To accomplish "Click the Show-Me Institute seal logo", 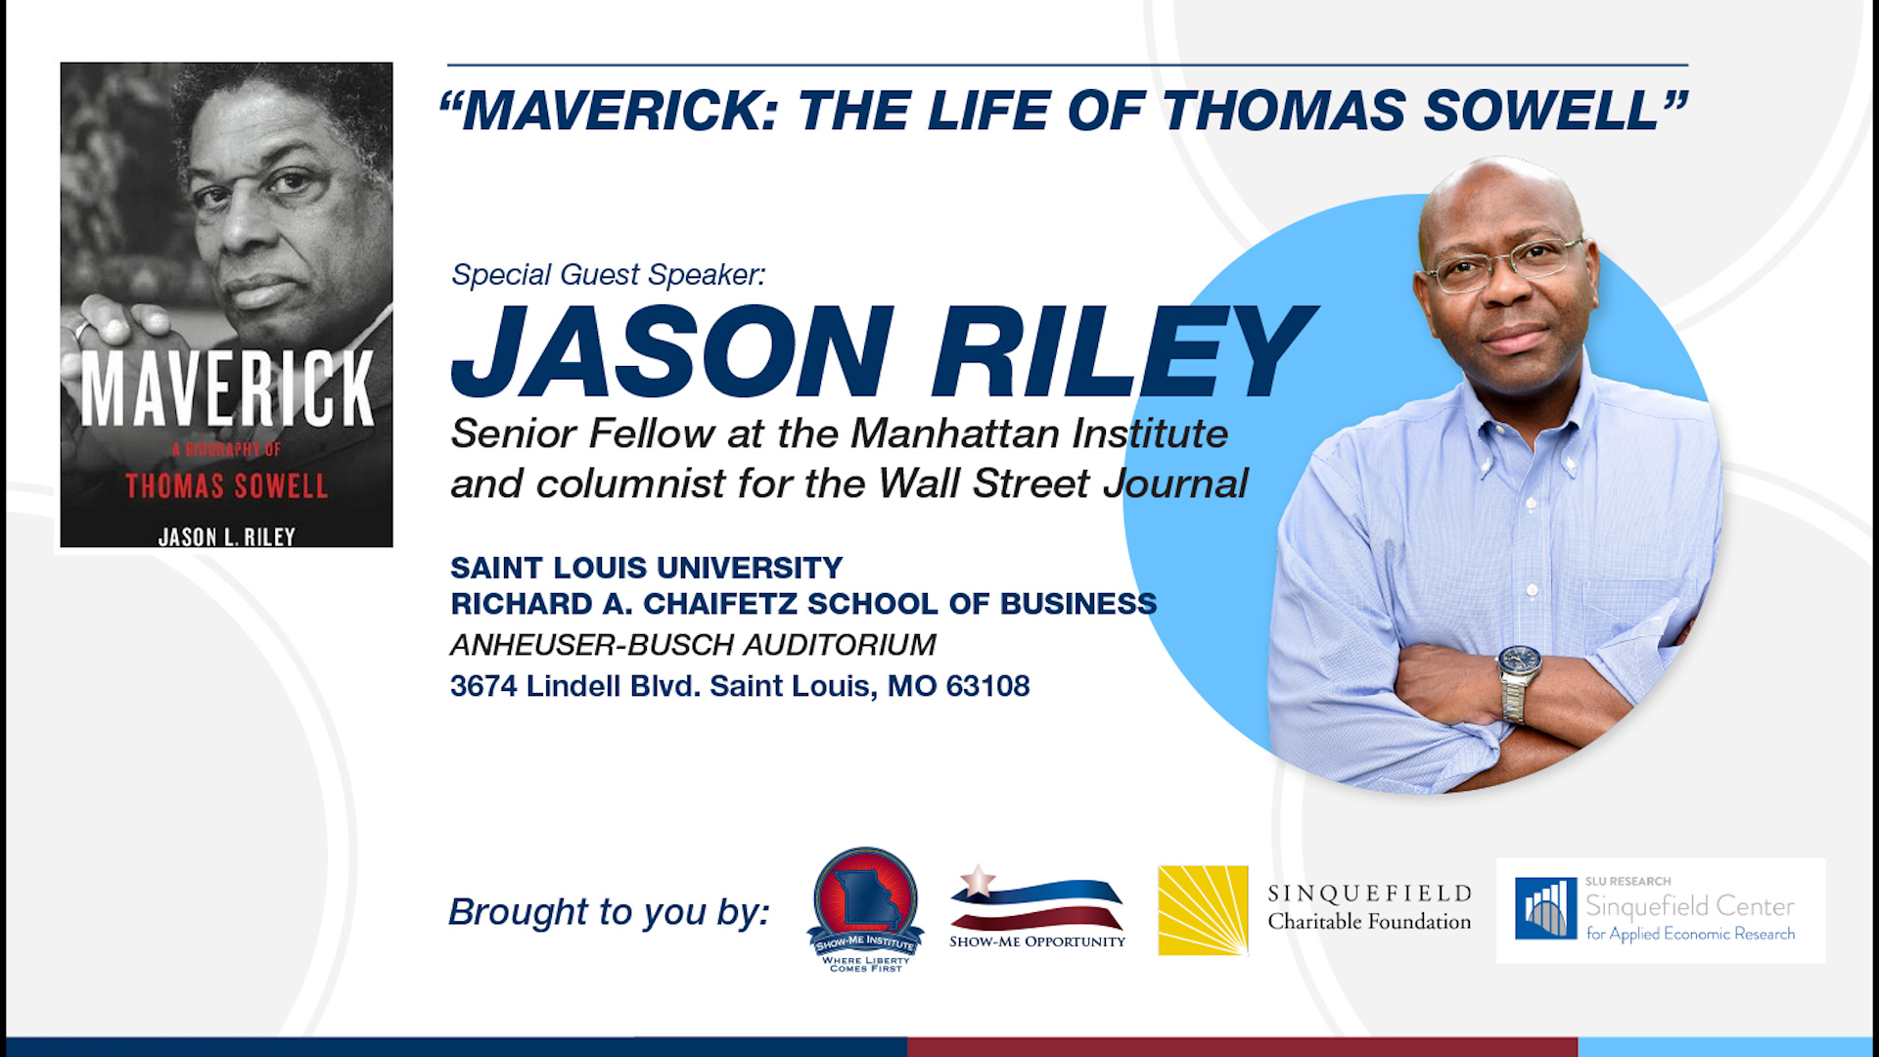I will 865,905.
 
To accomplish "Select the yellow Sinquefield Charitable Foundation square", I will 1203,910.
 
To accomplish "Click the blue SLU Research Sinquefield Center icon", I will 1545,908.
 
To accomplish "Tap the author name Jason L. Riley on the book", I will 226,536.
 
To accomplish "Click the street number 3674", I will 483,686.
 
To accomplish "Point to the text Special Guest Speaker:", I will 608,275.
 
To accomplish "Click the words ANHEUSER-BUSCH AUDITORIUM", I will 693,645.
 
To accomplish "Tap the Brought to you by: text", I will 609,911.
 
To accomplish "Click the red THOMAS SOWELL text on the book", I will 226,486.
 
